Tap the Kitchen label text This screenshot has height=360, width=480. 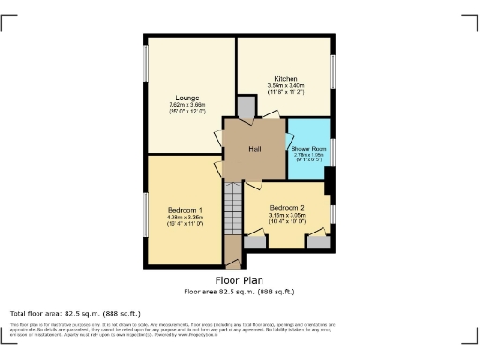click(285, 78)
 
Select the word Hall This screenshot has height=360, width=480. click(253, 148)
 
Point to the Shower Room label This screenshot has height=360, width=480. click(307, 148)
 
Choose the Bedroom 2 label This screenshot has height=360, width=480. click(287, 207)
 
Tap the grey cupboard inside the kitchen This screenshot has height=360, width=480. click(245, 110)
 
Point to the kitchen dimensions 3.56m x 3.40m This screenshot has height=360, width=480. click(285, 86)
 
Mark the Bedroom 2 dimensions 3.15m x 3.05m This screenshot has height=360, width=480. click(287, 216)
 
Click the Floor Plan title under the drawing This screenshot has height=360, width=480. click(239, 279)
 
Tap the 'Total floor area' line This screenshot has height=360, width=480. click(75, 313)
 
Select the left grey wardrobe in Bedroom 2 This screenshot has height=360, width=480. click(254, 243)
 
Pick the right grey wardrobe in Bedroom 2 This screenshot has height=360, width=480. click(319, 243)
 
